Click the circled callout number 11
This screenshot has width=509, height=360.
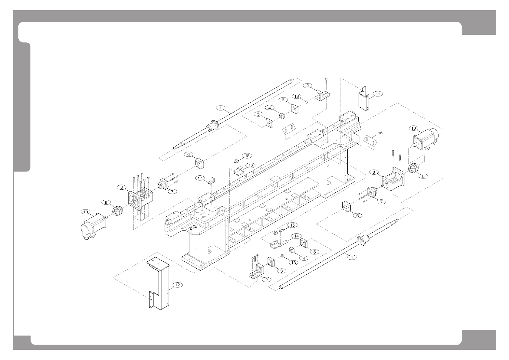tap(378, 94)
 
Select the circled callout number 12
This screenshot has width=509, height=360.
tap(177, 285)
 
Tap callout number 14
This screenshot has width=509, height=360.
tap(296, 236)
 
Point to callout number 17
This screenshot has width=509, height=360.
tap(200, 178)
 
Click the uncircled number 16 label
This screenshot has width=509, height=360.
tap(380, 133)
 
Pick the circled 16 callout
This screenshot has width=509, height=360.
tap(250, 165)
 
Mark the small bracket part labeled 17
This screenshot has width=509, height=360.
tap(211, 182)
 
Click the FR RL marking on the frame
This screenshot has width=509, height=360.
tap(191, 228)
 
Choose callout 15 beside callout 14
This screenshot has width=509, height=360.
tap(292, 225)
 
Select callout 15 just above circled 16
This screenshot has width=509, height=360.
tap(247, 156)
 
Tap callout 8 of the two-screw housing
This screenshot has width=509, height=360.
tap(374, 172)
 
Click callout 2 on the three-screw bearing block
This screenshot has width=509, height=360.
tap(266, 280)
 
